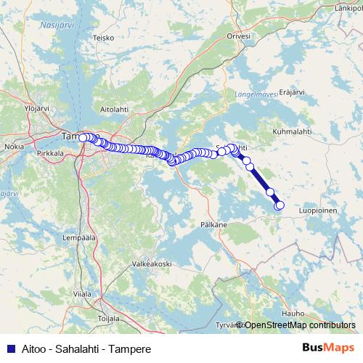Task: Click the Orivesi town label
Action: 238,36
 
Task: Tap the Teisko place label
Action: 104,38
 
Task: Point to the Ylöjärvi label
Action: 36,108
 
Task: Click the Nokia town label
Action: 14,146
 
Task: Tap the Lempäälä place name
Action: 81,237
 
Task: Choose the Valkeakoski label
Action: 151,264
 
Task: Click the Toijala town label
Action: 107,318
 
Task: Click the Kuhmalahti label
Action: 292,131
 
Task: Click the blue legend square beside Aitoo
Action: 9,349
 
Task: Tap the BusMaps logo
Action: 328,348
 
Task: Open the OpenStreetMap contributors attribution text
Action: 300,325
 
